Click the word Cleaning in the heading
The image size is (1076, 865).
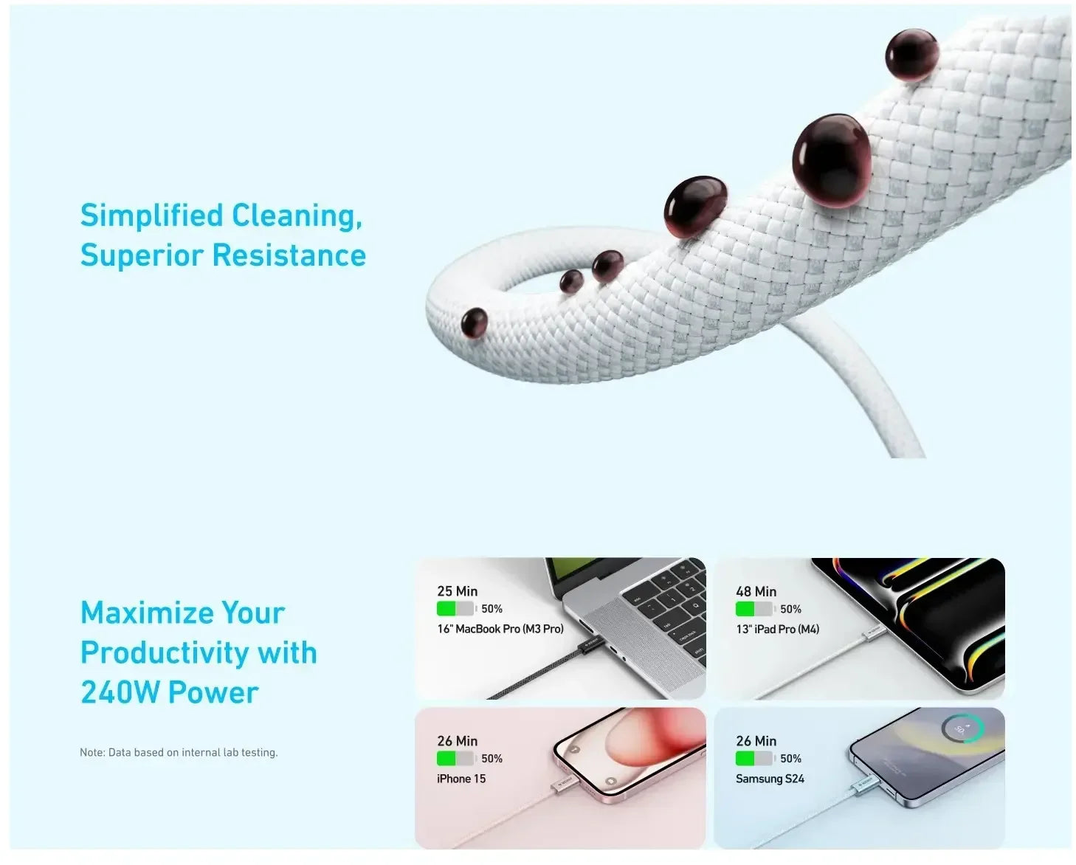[297, 216]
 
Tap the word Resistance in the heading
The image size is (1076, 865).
[289, 255]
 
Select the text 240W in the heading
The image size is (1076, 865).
[120, 692]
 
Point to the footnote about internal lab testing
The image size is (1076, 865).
[179, 752]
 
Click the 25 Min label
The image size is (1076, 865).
[457, 591]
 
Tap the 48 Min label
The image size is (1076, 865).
[756, 591]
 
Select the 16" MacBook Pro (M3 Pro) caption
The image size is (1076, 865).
[500, 629]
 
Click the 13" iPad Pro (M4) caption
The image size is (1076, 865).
[777, 629]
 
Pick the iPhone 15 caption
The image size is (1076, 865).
[461, 779]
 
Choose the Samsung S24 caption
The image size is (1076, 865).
[770, 779]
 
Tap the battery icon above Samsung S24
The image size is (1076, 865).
[754, 759]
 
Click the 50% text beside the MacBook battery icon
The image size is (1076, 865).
[492, 609]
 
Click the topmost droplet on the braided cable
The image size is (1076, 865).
[911, 54]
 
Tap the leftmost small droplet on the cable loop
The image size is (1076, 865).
[474, 323]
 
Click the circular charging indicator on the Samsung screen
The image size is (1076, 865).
[962, 728]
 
